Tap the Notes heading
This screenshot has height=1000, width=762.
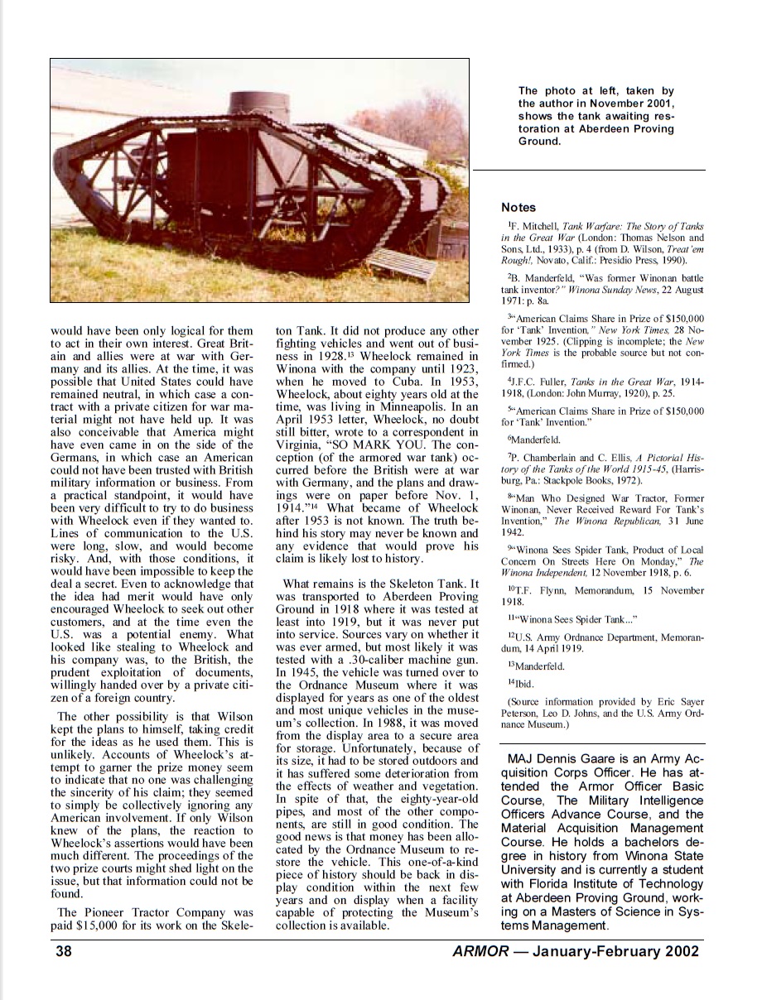click(x=518, y=207)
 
